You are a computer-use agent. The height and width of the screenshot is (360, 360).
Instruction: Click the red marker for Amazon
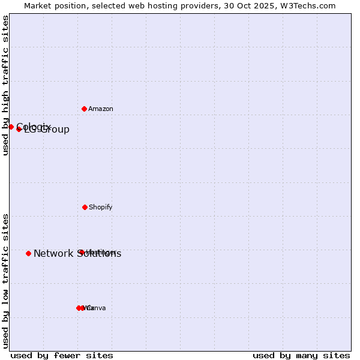click(x=85, y=109)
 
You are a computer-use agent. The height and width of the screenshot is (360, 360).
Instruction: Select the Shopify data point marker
click(x=85, y=207)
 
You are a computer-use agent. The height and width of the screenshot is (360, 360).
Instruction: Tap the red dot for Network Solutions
click(x=28, y=253)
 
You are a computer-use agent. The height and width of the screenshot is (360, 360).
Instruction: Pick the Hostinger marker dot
click(x=81, y=252)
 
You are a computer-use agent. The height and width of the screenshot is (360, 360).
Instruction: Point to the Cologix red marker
click(x=11, y=127)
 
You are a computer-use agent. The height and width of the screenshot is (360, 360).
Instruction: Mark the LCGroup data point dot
click(x=19, y=129)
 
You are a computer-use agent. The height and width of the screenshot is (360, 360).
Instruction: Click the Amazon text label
click(x=101, y=109)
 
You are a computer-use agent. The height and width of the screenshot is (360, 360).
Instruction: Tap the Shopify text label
click(x=101, y=207)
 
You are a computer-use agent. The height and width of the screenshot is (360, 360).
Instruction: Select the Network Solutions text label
click(x=77, y=253)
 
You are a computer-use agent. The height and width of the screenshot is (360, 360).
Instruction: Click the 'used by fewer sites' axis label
click(x=62, y=355)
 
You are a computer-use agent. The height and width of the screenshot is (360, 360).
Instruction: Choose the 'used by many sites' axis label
click(x=301, y=355)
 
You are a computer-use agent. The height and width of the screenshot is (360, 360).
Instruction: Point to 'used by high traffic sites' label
click(x=5, y=85)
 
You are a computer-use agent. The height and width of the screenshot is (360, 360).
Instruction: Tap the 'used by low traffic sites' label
click(x=5, y=281)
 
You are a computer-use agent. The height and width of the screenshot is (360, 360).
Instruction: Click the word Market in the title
click(x=38, y=5)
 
